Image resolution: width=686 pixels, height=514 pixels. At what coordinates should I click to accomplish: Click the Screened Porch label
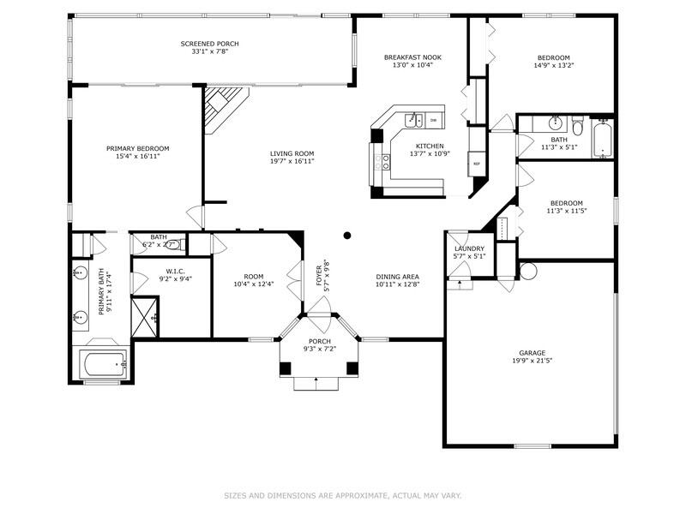coord(209,44)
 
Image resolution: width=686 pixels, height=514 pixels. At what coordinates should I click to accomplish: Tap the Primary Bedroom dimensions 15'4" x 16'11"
coord(138,156)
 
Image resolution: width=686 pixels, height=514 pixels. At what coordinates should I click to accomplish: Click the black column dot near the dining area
coord(347,236)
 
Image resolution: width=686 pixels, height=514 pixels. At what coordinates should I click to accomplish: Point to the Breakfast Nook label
coord(412,57)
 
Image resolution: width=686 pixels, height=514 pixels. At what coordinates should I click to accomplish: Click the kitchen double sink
coord(413,120)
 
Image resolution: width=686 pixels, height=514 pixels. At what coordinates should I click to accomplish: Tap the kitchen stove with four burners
coord(382,162)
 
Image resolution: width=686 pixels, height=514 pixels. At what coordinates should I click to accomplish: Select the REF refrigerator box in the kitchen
coord(477,164)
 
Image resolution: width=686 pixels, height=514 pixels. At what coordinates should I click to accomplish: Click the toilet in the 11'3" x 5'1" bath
coord(577,124)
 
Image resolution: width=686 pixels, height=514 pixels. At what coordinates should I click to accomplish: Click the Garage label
coord(532,353)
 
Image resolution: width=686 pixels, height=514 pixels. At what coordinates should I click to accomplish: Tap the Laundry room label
coord(469,248)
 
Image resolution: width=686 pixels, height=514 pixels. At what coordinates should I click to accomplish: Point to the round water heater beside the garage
coord(528,271)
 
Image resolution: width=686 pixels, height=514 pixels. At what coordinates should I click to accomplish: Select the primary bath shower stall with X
coord(144,316)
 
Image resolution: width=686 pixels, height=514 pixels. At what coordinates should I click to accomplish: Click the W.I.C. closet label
coord(176,272)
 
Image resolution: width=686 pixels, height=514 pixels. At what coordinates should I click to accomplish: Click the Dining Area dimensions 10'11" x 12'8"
coord(397,284)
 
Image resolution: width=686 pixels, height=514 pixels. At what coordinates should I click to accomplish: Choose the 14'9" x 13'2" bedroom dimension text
coord(553,66)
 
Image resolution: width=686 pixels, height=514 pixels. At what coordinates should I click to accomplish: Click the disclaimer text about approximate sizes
coord(342,496)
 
